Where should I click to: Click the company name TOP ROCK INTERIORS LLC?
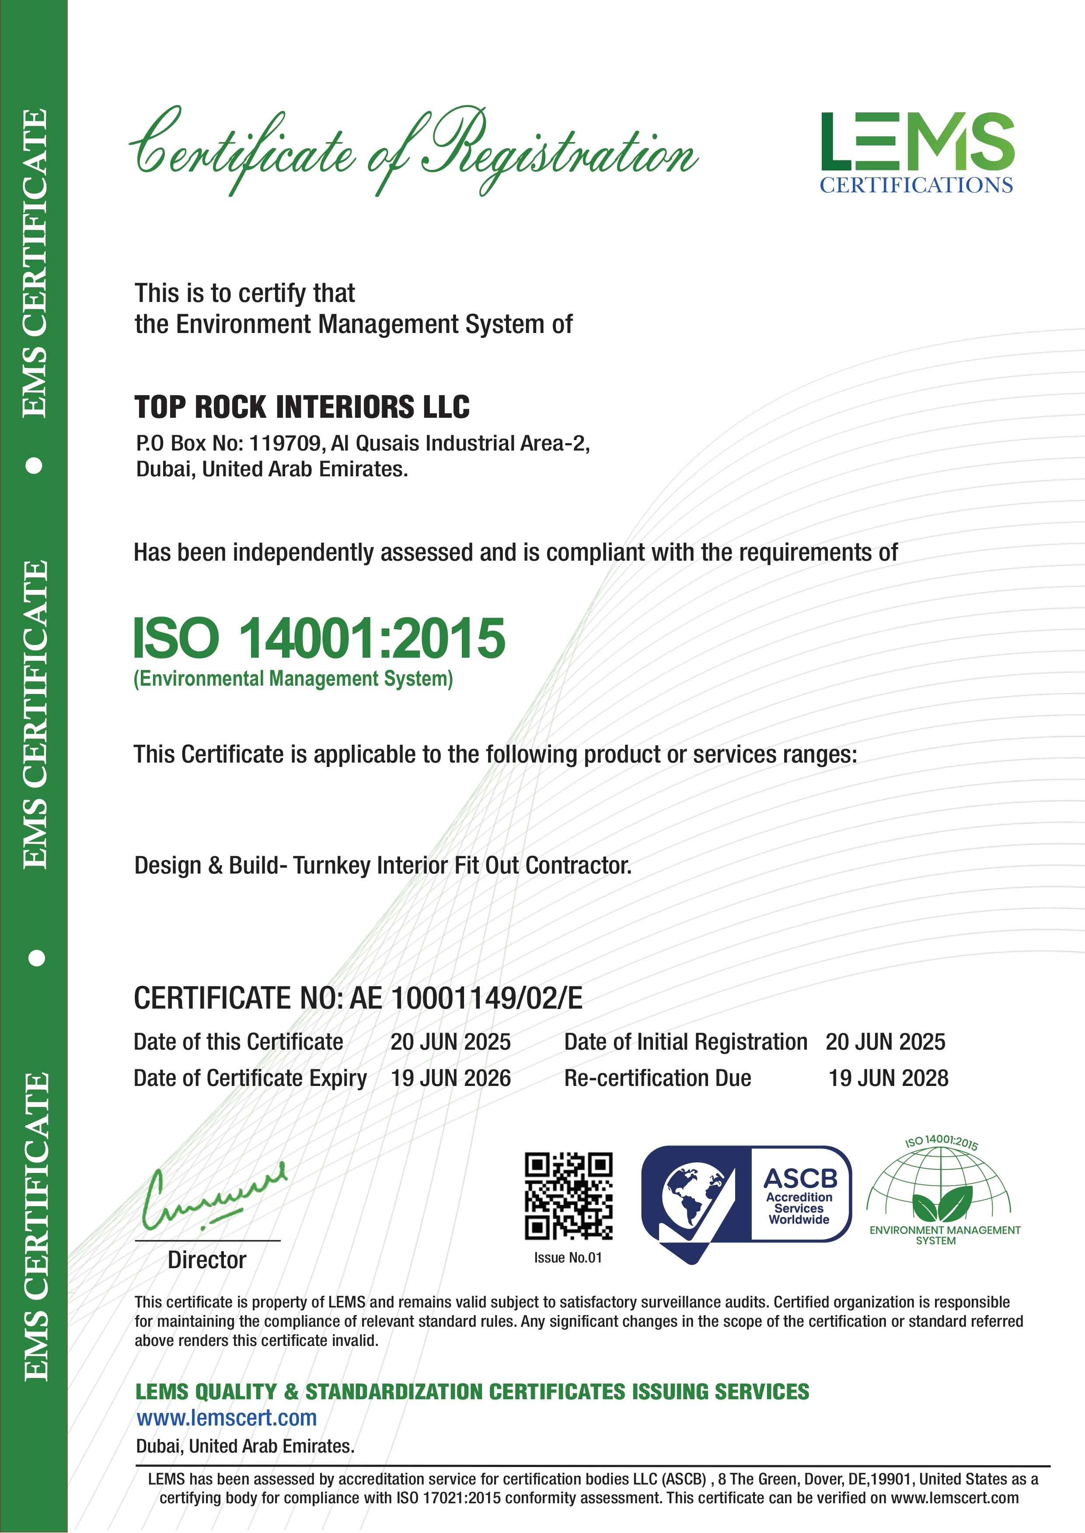coord(302,407)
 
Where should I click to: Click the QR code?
coord(569,1195)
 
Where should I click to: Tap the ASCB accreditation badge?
coord(746,1200)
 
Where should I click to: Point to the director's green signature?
coord(213,1197)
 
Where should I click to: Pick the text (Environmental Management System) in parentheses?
coord(293,679)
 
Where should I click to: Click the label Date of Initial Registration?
coord(685,1042)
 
